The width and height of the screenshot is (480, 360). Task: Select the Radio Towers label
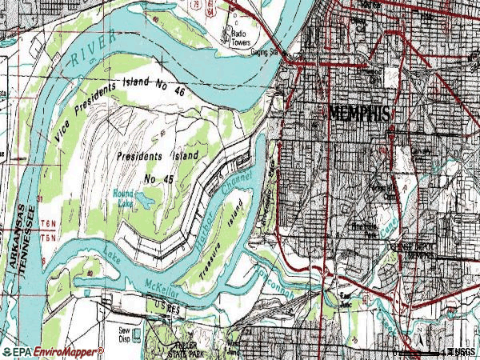tap(239, 38)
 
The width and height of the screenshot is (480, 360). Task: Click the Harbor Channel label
tap(225, 209)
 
